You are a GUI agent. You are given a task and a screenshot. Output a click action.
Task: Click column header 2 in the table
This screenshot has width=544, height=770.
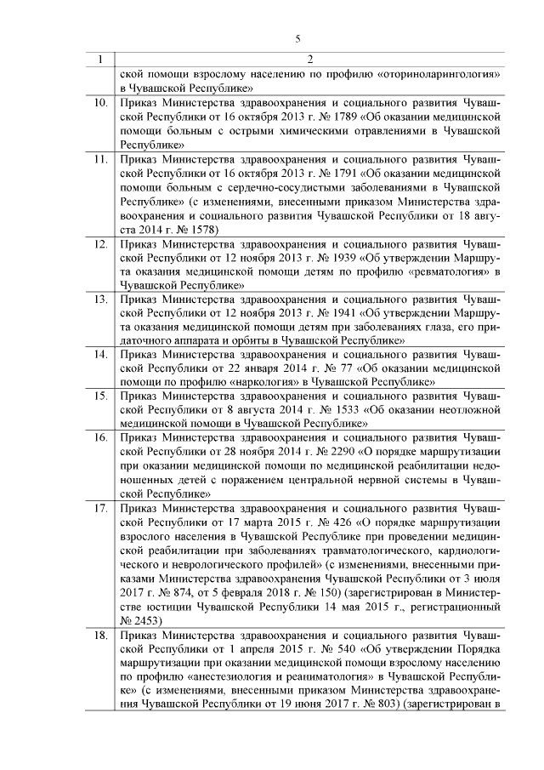pos(309,60)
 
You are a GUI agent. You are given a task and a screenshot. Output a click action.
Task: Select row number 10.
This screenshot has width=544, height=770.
pos(100,103)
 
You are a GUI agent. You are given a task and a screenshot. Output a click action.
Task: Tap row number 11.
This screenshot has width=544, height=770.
pos(100,159)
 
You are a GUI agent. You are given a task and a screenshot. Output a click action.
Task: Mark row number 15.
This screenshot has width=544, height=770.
pos(100,396)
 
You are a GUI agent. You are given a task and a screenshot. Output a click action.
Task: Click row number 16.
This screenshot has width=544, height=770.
pos(100,438)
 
